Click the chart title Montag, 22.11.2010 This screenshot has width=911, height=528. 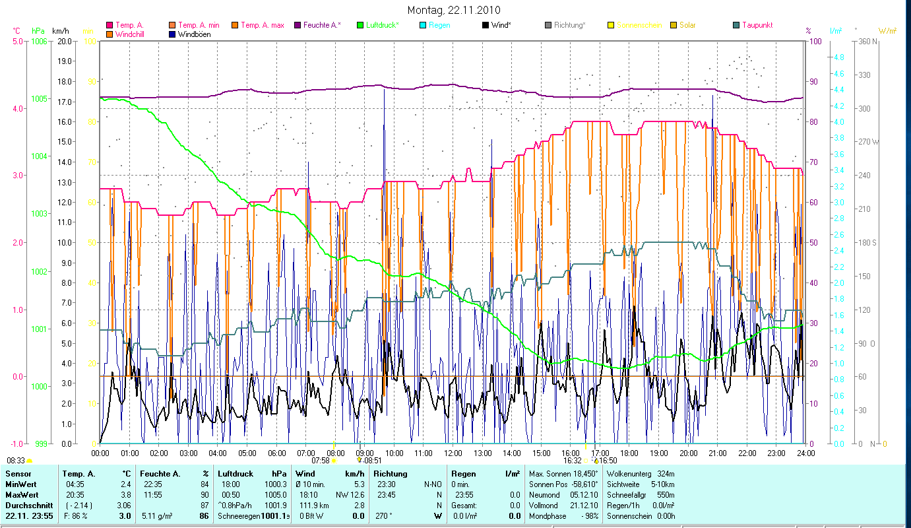[x=454, y=10]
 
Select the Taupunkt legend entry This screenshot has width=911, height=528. [x=757, y=25]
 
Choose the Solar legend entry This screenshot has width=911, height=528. [x=687, y=25]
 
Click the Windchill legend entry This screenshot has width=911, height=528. [x=133, y=34]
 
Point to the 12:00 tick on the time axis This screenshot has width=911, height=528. [x=453, y=453]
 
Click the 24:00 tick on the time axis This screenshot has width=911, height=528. [x=805, y=453]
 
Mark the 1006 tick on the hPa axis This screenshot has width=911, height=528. [x=38, y=41]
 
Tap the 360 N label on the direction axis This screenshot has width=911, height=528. [x=867, y=41]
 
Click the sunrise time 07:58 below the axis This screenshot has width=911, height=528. [x=320, y=461]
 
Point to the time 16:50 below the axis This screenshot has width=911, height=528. [x=608, y=461]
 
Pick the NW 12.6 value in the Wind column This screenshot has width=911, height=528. [x=350, y=495]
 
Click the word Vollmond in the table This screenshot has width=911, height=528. [x=544, y=506]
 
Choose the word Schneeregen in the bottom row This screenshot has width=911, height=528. [x=239, y=516]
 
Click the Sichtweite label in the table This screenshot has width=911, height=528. [x=624, y=484]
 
